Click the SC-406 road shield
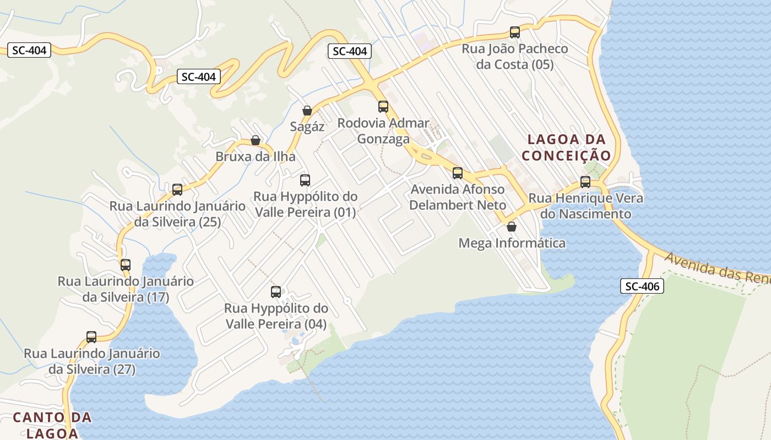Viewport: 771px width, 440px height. [x=642, y=286]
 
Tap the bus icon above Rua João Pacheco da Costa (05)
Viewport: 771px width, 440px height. [x=515, y=32]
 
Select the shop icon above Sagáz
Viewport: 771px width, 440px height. [x=307, y=111]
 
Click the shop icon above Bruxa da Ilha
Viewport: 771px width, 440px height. [x=256, y=140]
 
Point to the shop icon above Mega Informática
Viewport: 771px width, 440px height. [x=512, y=226]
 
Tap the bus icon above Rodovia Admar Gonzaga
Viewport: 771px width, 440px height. [x=383, y=107]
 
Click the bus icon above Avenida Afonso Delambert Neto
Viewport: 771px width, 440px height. [x=458, y=173]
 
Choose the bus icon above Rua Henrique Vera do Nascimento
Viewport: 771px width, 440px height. [x=585, y=182]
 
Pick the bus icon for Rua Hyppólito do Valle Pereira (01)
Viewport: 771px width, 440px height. [x=305, y=180]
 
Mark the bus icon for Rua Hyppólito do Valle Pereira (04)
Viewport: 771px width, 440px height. [x=276, y=292]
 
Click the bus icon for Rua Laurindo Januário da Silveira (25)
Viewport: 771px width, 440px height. [x=177, y=190]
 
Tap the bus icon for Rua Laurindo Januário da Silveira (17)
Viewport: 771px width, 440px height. [x=126, y=265]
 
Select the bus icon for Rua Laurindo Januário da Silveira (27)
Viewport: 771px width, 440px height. [x=91, y=337]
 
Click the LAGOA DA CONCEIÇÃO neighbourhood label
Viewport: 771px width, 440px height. [x=566, y=147]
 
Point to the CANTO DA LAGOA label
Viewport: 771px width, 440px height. [x=52, y=425]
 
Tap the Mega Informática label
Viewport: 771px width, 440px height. [x=512, y=243]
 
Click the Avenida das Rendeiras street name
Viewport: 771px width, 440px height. [x=716, y=266]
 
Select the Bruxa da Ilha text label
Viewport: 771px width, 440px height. [x=256, y=156]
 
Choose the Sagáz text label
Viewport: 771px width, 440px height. [x=307, y=127]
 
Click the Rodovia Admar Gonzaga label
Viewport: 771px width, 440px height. [x=383, y=130]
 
